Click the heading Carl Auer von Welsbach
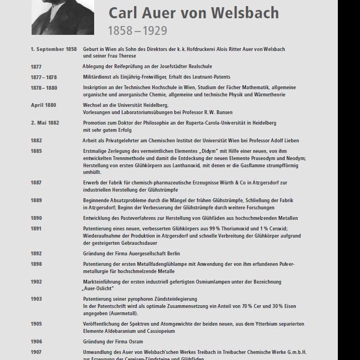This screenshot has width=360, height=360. pyautogui.click(x=193, y=13)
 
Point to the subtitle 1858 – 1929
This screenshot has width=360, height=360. pyautogui.click(x=137, y=31)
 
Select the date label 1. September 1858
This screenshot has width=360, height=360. pyautogui.click(x=54, y=49)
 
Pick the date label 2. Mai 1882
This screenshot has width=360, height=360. pyautogui.click(x=45, y=122)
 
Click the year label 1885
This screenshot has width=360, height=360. pyautogui.click(x=36, y=151)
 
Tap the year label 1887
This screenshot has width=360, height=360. pyautogui.click(x=36, y=182)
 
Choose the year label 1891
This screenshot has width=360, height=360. pyautogui.click(x=36, y=228)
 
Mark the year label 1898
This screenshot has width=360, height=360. pyautogui.click(x=36, y=264)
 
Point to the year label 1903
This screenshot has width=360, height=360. pyautogui.click(x=36, y=299)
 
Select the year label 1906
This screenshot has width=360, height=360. pyautogui.click(x=36, y=342)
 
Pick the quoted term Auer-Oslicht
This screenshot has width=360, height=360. pyautogui.click(x=98, y=288)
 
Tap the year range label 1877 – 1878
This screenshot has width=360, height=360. pyautogui.click(x=44, y=77)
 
